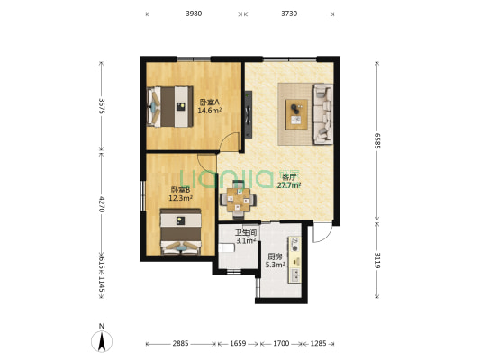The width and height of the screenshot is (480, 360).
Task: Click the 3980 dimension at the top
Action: point(194,13)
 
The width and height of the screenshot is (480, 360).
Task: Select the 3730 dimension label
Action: point(289,13)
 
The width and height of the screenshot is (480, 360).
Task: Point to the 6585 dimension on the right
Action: point(376,141)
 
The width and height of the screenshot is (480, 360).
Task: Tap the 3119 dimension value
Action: point(376,260)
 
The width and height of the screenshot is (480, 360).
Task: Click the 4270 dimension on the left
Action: point(102,204)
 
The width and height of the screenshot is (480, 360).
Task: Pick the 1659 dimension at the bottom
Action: point(238,344)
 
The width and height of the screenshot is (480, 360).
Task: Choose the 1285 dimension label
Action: point(319,344)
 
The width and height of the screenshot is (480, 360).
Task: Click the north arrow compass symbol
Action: point(102,339)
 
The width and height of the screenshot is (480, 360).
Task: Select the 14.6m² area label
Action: point(210,111)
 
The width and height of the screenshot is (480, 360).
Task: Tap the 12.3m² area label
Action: point(181,198)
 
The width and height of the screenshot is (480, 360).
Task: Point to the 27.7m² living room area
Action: point(289,185)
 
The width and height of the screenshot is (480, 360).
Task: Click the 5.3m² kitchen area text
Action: point(276,265)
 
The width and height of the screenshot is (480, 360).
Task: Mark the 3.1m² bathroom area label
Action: point(246,240)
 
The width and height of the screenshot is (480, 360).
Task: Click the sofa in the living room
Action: point(322,114)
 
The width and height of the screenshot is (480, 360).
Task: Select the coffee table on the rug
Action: point(296,114)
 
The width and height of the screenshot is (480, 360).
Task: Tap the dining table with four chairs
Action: point(238,200)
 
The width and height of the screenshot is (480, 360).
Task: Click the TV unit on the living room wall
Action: point(249,114)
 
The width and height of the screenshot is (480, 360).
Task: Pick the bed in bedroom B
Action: point(181,232)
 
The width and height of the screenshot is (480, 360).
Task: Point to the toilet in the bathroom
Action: point(226,247)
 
